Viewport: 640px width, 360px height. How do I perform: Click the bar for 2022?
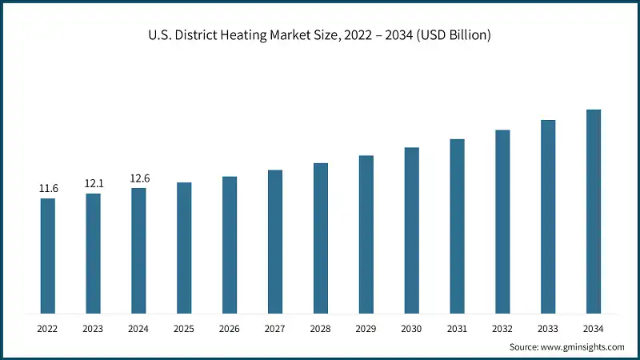click(x=48, y=256)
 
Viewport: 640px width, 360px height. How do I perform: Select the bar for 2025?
click(x=184, y=248)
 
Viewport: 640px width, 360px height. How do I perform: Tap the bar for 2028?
click(x=321, y=238)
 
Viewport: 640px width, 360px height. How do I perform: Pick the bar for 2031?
click(x=457, y=226)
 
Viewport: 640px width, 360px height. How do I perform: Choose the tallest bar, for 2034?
click(x=593, y=211)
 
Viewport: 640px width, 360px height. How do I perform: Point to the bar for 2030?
click(x=411, y=230)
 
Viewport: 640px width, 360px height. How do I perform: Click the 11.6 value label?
click(x=48, y=189)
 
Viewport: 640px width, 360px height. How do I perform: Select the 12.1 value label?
click(x=94, y=184)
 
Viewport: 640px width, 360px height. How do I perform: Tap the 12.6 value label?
click(x=139, y=178)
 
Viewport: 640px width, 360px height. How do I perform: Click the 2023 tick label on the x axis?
click(x=94, y=328)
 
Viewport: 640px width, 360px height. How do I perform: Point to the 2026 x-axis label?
click(x=230, y=328)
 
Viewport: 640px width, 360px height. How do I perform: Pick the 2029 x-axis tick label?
click(x=366, y=328)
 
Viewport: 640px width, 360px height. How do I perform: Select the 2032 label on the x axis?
click(x=502, y=328)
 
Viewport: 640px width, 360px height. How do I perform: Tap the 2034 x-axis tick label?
click(x=593, y=328)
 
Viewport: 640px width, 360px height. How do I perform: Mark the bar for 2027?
click(x=275, y=242)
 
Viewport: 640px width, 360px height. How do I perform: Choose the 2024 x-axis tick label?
click(x=139, y=328)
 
